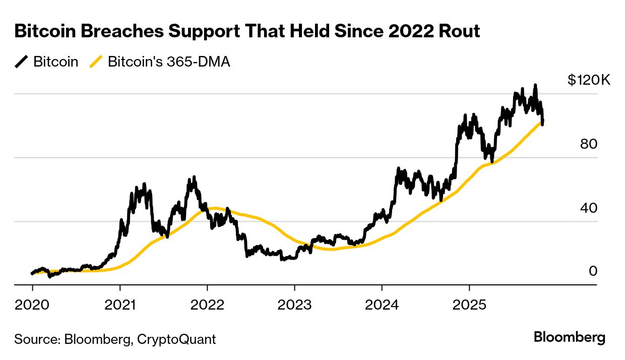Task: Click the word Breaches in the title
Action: pyautogui.click(x=114, y=31)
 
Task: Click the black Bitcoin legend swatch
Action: pyautogui.click(x=22, y=62)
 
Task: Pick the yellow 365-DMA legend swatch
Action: pyautogui.click(x=96, y=62)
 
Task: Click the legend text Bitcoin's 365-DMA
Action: pyautogui.click(x=169, y=62)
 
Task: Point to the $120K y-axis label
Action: pyautogui.click(x=589, y=80)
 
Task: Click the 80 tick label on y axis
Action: pyautogui.click(x=589, y=144)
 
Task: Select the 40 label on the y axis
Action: pyautogui.click(x=589, y=208)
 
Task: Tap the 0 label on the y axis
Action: pyautogui.click(x=593, y=271)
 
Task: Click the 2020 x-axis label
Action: pyautogui.click(x=32, y=305)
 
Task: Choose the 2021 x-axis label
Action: pyautogui.click(x=120, y=305)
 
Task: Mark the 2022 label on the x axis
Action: pyautogui.click(x=207, y=305)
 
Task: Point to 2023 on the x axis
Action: pyautogui.click(x=294, y=305)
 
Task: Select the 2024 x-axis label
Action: pyautogui.click(x=382, y=305)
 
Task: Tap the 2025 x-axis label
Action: pyautogui.click(x=469, y=305)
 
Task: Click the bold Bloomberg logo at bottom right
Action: pyautogui.click(x=570, y=337)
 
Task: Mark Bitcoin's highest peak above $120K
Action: pyautogui.click(x=535, y=85)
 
